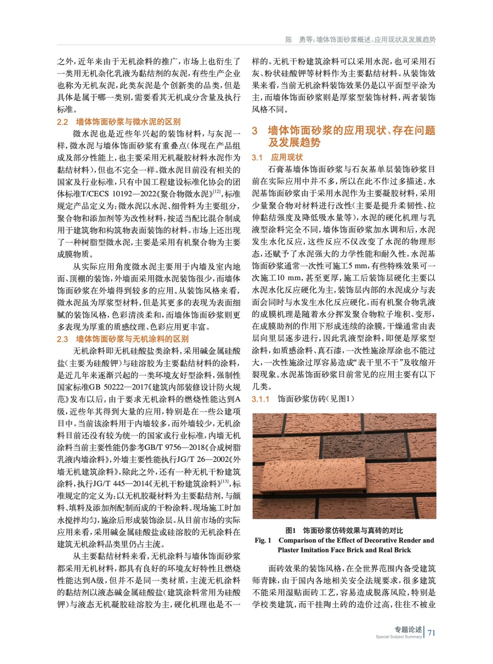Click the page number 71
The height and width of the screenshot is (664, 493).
tap(432, 632)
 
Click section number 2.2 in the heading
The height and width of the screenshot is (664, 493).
tap(62, 122)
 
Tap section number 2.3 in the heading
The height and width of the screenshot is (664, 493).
tap(62, 339)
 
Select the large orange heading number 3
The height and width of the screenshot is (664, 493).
tap(255, 131)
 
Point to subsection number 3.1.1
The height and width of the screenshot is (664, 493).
tap(260, 399)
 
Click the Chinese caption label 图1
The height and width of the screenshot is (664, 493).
tap(290, 530)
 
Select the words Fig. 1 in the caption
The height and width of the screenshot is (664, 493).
tap(263, 540)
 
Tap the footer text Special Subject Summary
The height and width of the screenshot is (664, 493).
tap(398, 637)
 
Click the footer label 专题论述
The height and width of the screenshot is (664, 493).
tap(408, 629)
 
